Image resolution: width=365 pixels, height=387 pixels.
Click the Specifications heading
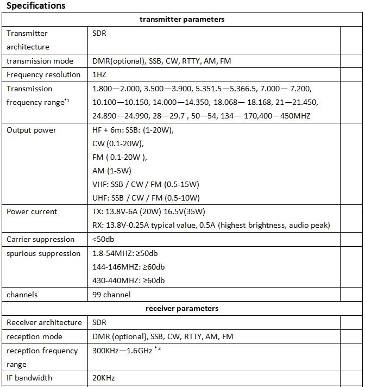(36, 6)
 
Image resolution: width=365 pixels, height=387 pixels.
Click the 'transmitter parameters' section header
(182, 20)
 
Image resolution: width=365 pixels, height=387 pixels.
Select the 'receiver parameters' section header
(182, 309)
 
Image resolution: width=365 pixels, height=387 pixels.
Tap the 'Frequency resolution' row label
(43, 74)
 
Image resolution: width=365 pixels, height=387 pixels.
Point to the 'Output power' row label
(32, 130)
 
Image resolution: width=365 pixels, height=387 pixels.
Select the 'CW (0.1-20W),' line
(118, 143)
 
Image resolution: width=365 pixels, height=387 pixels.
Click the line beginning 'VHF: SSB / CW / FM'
(146, 184)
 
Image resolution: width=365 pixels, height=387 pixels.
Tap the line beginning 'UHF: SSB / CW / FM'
(146, 198)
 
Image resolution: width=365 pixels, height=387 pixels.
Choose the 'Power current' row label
(32, 211)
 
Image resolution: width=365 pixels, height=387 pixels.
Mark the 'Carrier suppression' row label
(40, 239)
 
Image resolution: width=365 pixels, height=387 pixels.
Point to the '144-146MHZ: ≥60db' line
(129, 267)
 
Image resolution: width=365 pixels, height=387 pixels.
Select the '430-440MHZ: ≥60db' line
(129, 280)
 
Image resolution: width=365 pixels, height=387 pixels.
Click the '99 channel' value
(111, 295)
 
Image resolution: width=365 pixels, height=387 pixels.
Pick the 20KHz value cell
(104, 378)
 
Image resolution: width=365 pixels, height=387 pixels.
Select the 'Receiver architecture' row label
(44, 322)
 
